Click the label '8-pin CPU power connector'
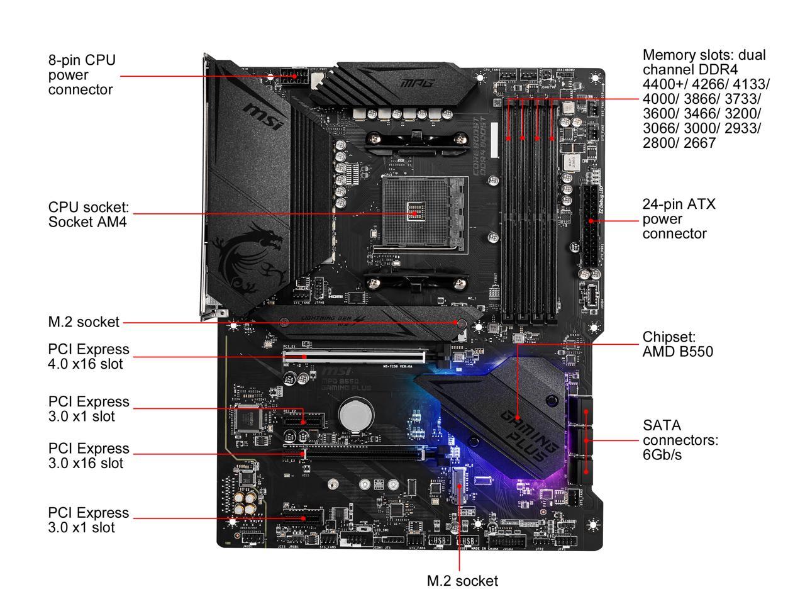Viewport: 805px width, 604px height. (x=82, y=75)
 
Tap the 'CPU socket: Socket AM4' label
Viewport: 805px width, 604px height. (x=88, y=214)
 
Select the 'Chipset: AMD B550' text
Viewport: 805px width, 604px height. (x=677, y=344)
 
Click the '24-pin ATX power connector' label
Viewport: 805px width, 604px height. (x=679, y=219)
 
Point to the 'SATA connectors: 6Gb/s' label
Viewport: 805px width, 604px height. (x=680, y=440)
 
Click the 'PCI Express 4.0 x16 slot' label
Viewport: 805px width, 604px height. (x=88, y=356)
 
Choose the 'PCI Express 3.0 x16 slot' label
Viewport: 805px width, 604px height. (x=88, y=456)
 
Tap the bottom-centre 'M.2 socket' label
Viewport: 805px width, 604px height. (x=462, y=581)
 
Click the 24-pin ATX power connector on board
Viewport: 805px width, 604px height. (x=590, y=224)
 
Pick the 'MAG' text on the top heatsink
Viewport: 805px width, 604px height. (x=409, y=82)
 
